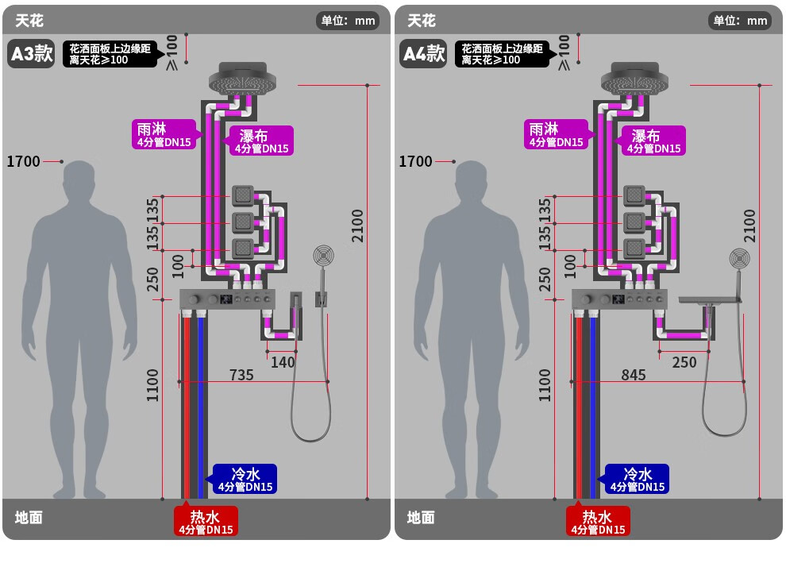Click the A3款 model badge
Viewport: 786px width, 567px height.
tap(32, 53)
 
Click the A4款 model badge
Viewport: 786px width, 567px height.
tap(424, 53)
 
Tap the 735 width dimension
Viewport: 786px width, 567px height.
tap(241, 375)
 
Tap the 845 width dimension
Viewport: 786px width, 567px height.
tap(634, 375)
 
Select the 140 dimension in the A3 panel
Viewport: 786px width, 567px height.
tap(283, 362)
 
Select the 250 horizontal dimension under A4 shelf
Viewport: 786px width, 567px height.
tap(684, 362)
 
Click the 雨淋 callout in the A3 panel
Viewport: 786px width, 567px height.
tap(164, 134)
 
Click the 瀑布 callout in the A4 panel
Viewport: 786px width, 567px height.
tap(653, 141)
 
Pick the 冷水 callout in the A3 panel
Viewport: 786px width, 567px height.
tap(245, 479)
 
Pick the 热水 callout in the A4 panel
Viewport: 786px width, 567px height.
tap(598, 522)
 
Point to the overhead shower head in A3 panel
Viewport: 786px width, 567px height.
tap(243, 79)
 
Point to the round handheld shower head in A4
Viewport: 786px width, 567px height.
tap(739, 259)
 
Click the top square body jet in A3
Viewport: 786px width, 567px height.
tap(243, 195)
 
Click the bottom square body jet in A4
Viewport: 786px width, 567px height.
tap(634, 249)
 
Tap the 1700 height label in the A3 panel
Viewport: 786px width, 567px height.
tap(23, 161)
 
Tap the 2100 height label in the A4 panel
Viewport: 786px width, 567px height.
tap(749, 226)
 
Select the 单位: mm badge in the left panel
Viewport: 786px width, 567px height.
tap(348, 21)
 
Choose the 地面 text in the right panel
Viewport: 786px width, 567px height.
tap(421, 518)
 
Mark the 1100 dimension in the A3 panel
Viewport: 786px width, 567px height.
tap(152, 385)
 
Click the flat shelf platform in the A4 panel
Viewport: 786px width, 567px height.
tap(710, 300)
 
